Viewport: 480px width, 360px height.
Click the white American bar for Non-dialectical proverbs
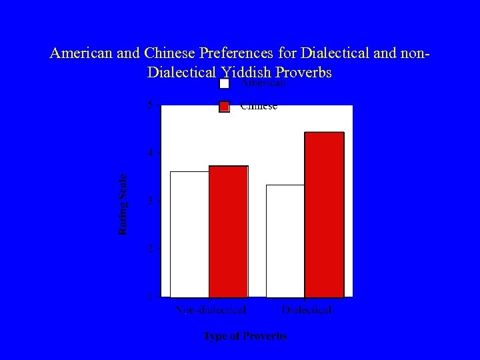[x=189, y=234]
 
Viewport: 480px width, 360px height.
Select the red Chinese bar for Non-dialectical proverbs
[x=228, y=231]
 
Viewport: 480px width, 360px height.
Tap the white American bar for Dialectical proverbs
[x=285, y=241]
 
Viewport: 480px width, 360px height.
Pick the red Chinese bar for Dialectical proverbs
[x=324, y=215]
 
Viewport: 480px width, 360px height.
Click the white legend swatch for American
[x=225, y=84]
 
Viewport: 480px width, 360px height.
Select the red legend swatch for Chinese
[x=225, y=107]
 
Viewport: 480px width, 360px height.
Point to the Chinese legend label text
[x=259, y=107]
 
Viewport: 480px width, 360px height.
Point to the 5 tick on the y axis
[x=150, y=105]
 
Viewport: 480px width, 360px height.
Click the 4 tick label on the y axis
[x=150, y=153]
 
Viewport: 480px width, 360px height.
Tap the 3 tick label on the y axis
[x=150, y=201]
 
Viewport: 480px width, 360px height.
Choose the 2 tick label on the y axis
[x=150, y=249]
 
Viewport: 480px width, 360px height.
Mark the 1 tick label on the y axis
[x=150, y=296]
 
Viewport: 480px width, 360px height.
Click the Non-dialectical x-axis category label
[x=211, y=310]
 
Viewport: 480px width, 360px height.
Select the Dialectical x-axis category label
[x=306, y=310]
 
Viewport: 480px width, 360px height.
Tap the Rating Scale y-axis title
[x=123, y=204]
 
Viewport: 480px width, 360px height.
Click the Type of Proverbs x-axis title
[x=245, y=336]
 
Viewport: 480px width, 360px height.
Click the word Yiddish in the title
[x=245, y=71]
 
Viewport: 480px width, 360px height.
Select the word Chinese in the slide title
[x=171, y=53]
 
